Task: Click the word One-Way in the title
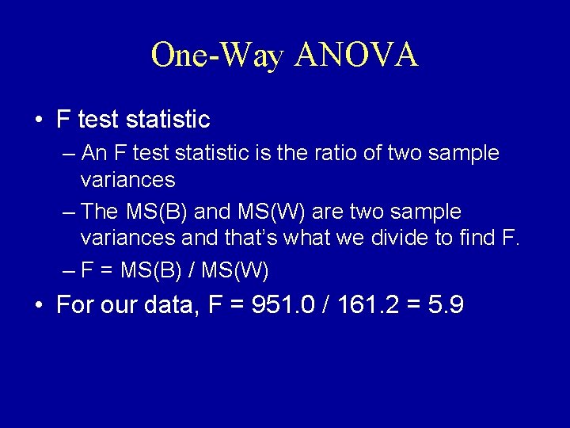pyautogui.click(x=217, y=55)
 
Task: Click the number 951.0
pyautogui.click(x=282, y=305)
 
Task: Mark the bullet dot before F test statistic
pyautogui.click(x=38, y=120)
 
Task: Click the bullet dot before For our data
pyautogui.click(x=38, y=306)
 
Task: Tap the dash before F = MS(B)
pyautogui.click(x=69, y=271)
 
